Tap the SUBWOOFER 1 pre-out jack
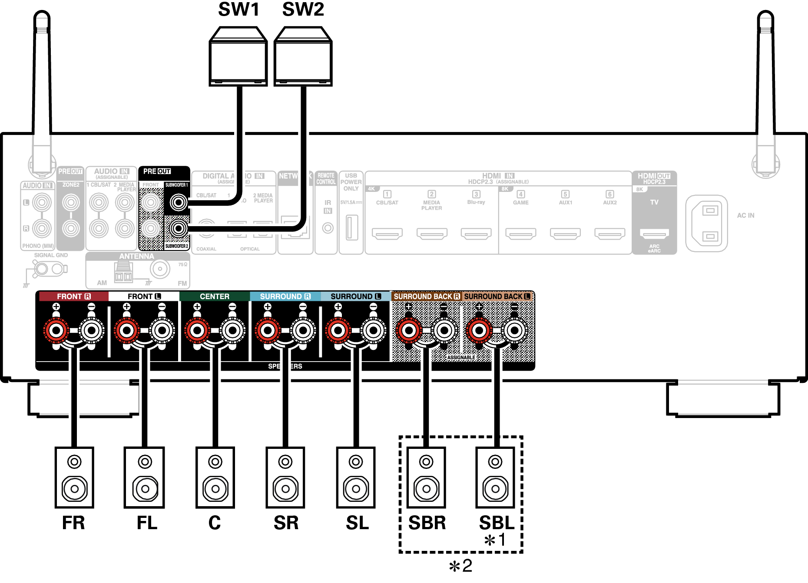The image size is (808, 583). click(x=178, y=202)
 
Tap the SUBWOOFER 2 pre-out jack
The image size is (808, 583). click(x=178, y=228)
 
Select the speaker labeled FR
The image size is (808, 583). click(x=74, y=477)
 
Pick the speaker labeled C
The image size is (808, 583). click(x=215, y=477)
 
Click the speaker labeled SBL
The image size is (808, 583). click(x=495, y=477)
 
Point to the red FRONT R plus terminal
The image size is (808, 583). click(x=56, y=331)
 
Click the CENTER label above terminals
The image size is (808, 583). click(x=214, y=296)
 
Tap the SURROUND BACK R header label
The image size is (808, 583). click(x=426, y=296)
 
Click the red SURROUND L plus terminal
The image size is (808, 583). click(x=338, y=331)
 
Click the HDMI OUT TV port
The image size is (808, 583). click(x=654, y=234)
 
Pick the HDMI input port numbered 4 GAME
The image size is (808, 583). click(x=520, y=234)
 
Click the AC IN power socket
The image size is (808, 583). click(x=706, y=223)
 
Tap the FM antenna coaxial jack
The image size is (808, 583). click(x=160, y=269)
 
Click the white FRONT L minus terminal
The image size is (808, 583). click(x=162, y=331)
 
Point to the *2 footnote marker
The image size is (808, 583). click(x=460, y=566)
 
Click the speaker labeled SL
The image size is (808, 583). click(x=356, y=477)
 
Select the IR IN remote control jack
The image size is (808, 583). click(x=328, y=228)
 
